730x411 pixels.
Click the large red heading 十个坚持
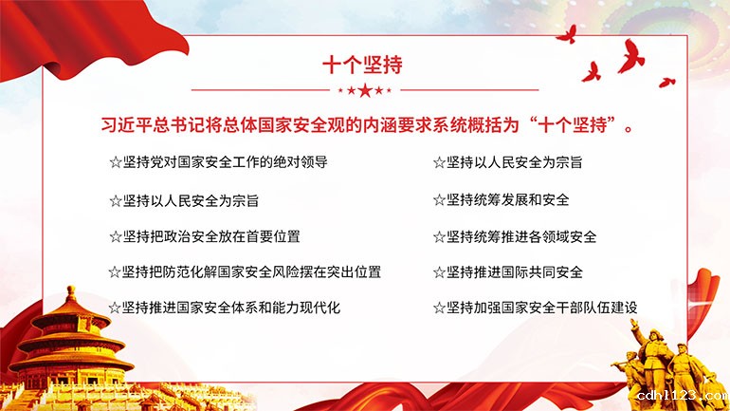[362, 65]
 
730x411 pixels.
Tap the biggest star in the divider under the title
[365, 90]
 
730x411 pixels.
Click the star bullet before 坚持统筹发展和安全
[439, 200]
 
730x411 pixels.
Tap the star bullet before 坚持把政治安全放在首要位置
[116, 236]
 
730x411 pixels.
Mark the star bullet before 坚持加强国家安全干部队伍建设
[439, 308]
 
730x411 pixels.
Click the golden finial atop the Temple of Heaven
[71, 294]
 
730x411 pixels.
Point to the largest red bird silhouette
[630, 56]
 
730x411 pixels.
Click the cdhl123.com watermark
[683, 396]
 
